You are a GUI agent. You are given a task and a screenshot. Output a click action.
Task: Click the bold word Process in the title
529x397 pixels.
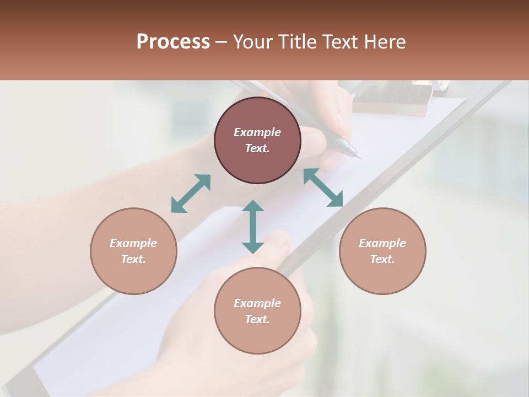tap(173, 42)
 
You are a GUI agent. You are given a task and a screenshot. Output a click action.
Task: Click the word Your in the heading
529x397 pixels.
tap(251, 42)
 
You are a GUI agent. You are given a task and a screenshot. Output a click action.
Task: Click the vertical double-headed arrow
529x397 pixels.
tap(253, 227)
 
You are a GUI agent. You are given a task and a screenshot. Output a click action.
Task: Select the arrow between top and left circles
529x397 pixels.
tap(191, 194)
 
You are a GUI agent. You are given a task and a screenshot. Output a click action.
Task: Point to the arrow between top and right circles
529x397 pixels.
tap(323, 187)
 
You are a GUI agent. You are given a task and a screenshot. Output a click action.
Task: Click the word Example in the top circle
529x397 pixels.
tap(257, 132)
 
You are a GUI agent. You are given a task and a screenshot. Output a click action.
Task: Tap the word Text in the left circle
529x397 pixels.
tap(133, 259)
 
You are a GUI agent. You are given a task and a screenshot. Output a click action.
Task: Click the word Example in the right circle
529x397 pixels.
tap(382, 243)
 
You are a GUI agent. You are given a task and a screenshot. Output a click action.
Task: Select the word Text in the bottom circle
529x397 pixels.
tap(257, 319)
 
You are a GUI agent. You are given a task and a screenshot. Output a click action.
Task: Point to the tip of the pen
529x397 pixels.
tap(359, 157)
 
